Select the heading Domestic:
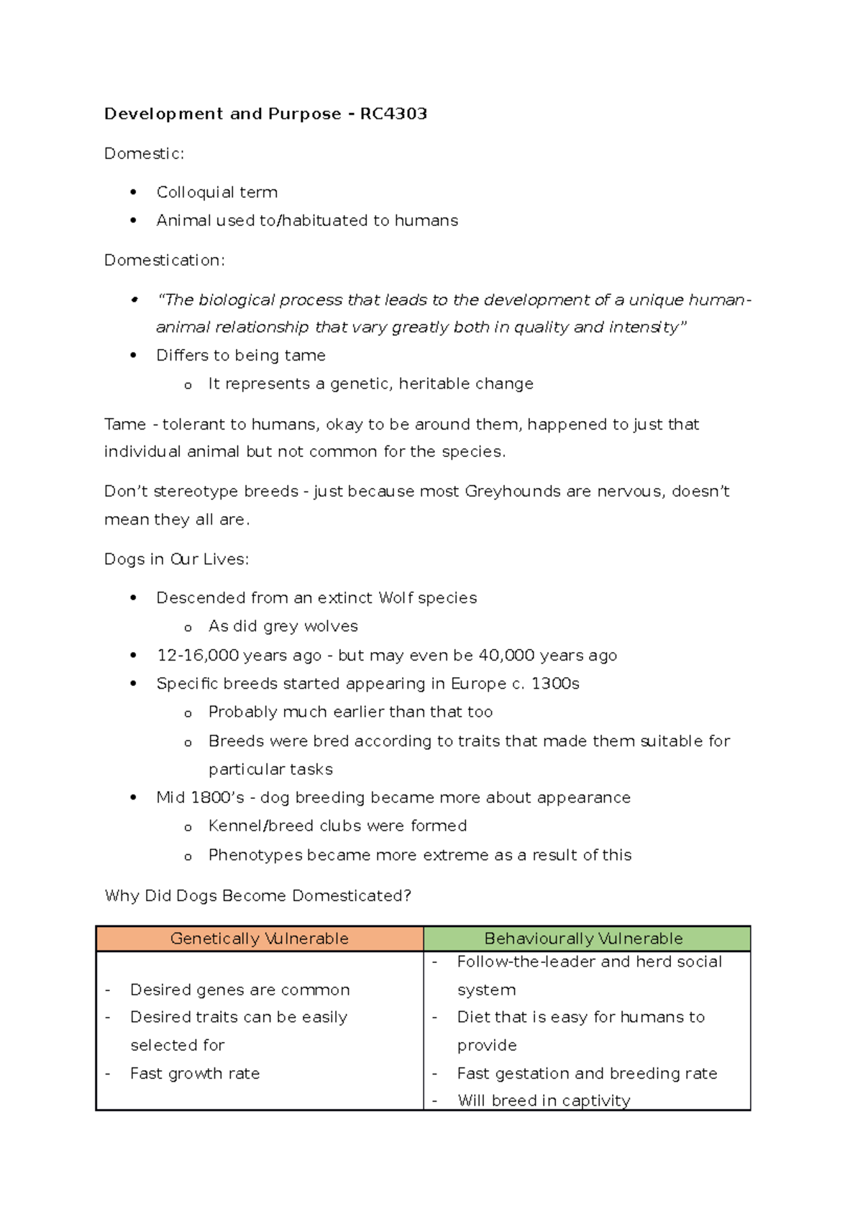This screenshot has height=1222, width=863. click(144, 153)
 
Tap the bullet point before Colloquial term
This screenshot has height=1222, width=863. click(133, 192)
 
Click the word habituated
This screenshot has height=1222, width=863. click(324, 220)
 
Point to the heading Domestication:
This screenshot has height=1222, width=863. click(164, 260)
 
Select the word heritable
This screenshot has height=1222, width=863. click(431, 384)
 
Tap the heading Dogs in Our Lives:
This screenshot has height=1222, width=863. click(176, 559)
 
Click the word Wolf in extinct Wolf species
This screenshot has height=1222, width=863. click(396, 597)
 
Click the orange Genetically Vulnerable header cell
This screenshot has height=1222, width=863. click(259, 938)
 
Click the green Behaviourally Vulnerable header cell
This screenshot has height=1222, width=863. click(584, 938)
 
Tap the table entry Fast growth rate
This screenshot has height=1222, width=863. click(194, 1073)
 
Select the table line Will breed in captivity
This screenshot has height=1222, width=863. click(544, 1100)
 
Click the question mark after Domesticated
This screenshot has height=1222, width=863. click(407, 895)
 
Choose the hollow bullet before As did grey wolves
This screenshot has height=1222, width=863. click(188, 627)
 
